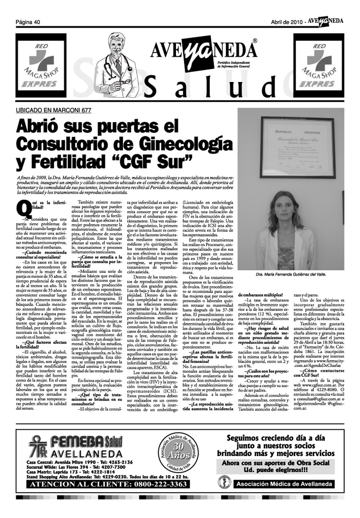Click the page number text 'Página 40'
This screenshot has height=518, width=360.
(x=28, y=22)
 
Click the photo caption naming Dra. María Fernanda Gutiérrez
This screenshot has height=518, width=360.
(x=291, y=275)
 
